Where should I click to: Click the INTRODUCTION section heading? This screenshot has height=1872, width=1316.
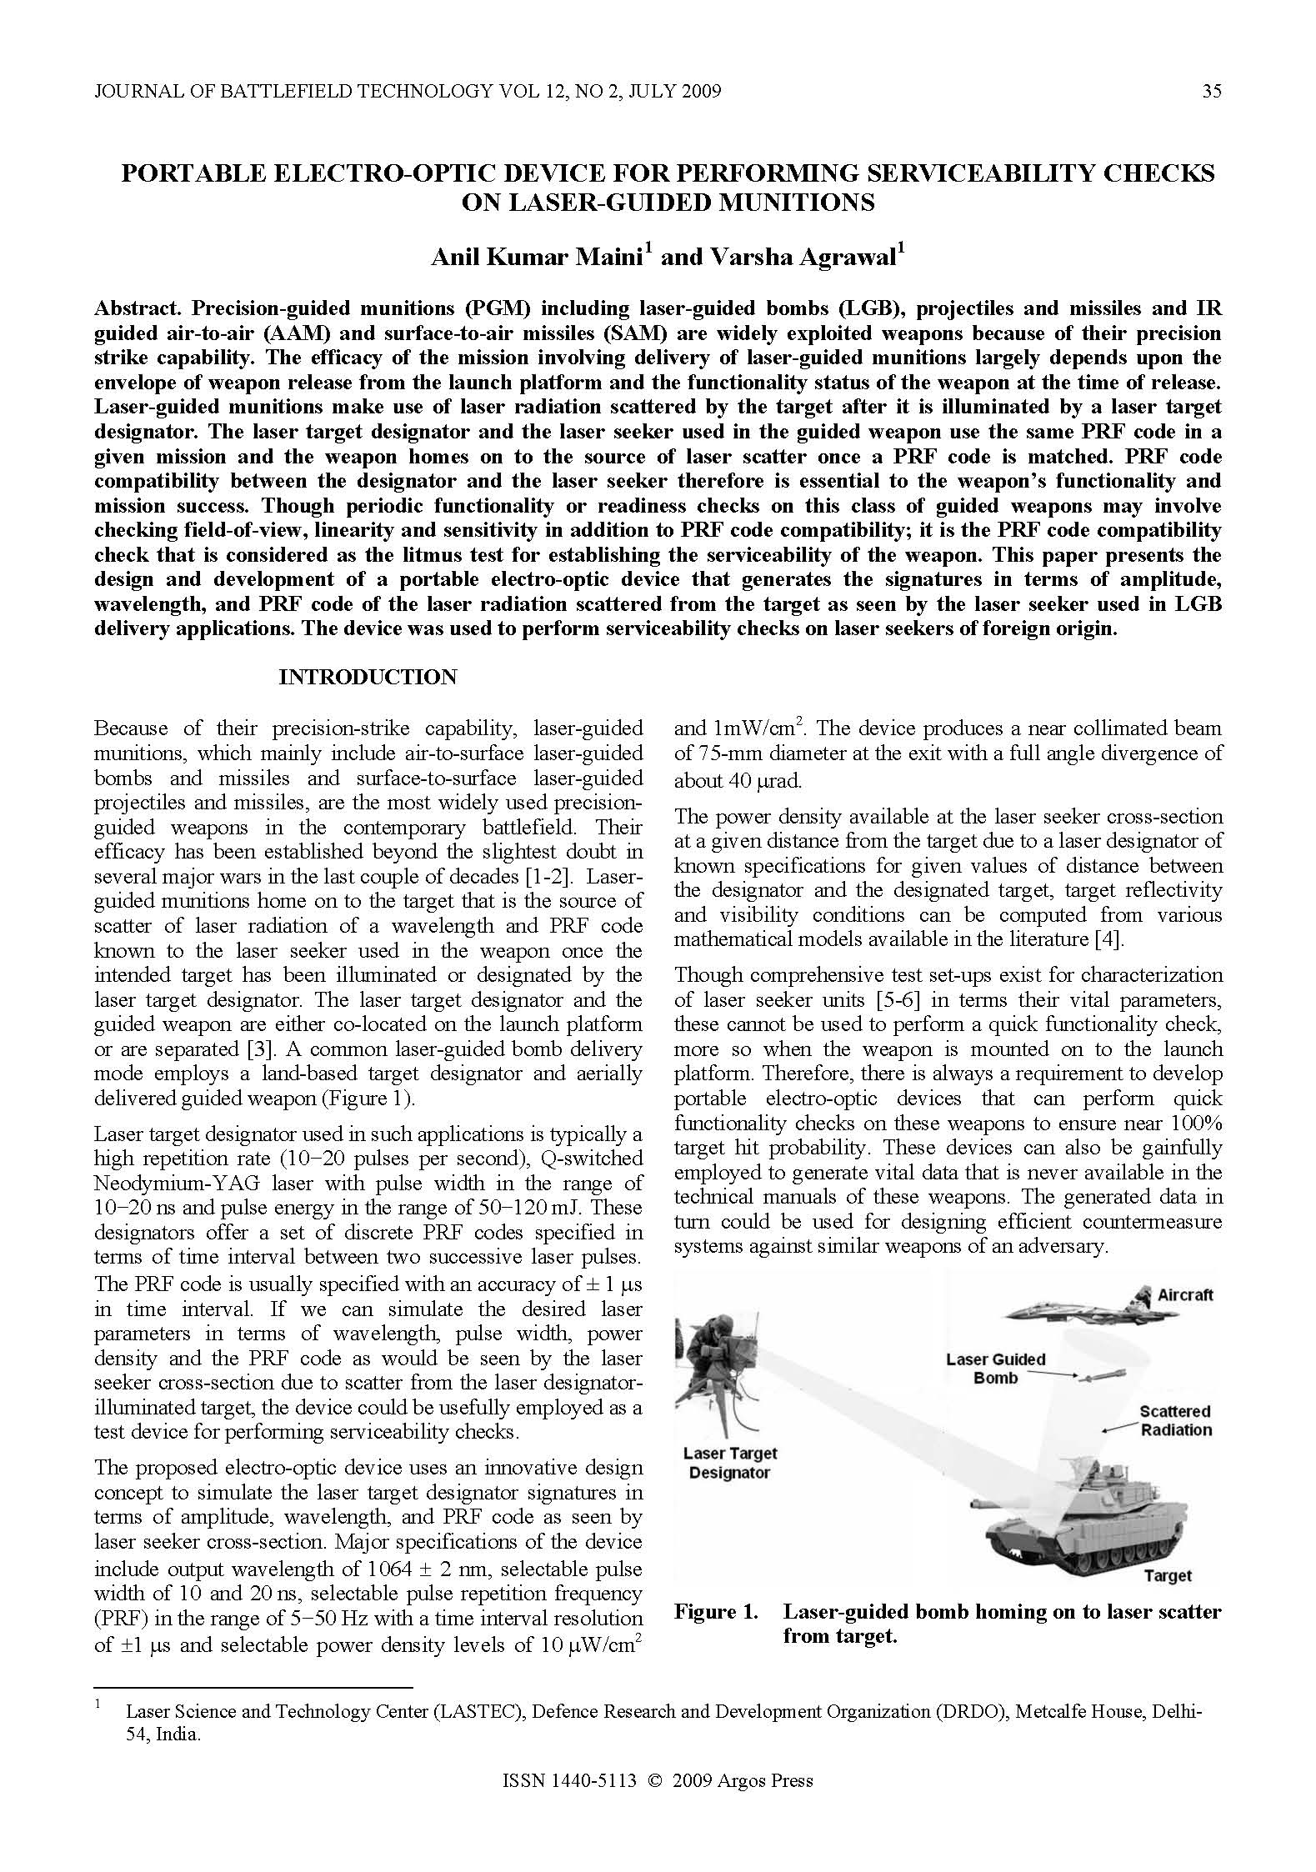368,677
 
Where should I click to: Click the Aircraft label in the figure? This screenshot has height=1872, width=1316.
1184,1295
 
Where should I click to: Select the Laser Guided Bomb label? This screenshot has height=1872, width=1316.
995,1369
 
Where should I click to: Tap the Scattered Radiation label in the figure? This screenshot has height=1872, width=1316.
1175,1420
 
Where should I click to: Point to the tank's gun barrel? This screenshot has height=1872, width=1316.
1008,1504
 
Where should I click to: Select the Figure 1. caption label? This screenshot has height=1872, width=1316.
716,1612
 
